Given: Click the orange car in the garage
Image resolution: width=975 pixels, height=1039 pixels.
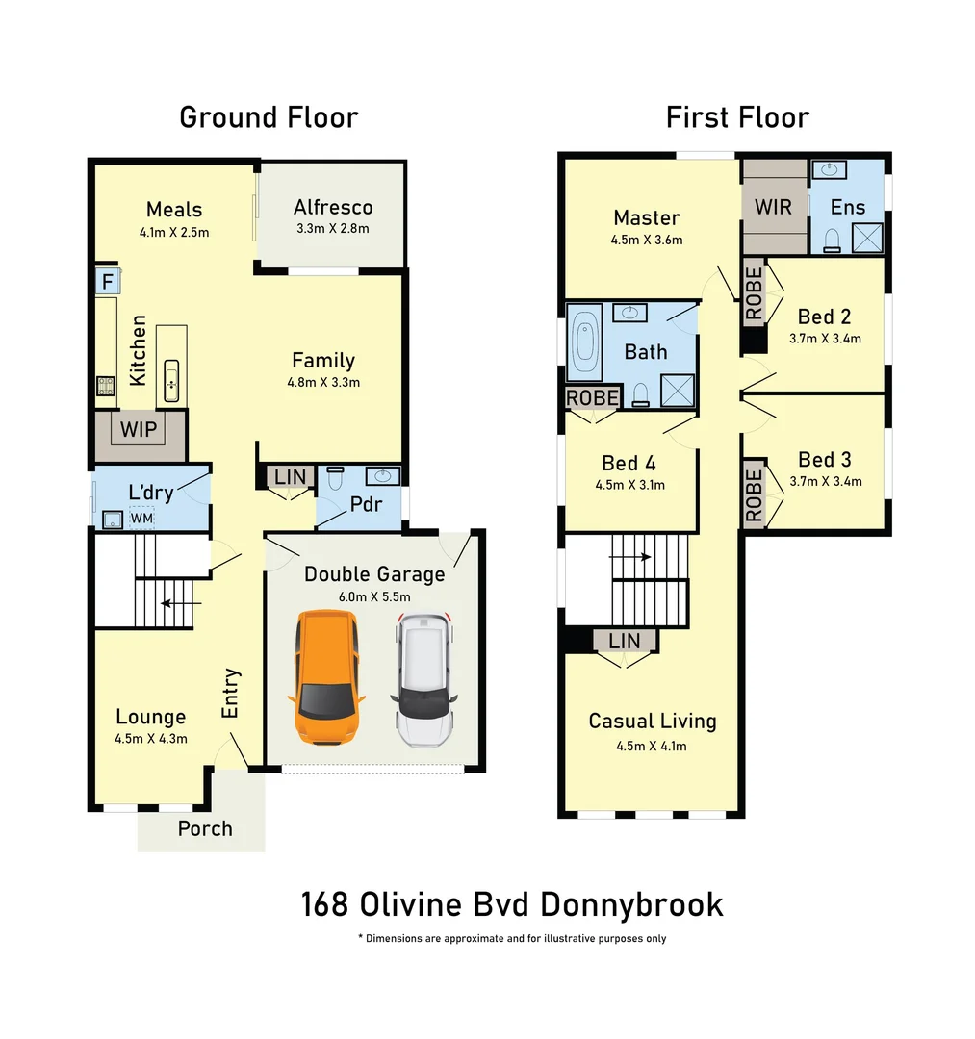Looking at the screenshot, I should (x=326, y=677).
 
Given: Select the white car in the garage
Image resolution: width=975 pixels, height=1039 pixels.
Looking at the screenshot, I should (x=423, y=680).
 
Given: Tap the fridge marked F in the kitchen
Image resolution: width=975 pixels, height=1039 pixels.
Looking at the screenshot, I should (x=107, y=282).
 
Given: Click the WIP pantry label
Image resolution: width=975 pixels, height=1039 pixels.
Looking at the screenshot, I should (x=139, y=428).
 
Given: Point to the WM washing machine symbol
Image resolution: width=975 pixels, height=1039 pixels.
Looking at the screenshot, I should (x=141, y=519).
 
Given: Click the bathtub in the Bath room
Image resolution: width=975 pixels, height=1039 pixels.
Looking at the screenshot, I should (x=584, y=343).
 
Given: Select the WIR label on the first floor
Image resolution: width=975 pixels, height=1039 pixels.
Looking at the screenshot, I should (x=772, y=208).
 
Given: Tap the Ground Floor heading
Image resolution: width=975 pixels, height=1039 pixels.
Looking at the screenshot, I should (x=269, y=117).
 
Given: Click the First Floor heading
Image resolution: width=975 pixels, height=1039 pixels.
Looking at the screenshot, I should (x=737, y=117).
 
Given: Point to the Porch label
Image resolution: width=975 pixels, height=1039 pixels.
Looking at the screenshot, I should (x=205, y=828).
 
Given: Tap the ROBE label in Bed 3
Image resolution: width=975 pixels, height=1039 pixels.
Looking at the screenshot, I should (x=754, y=494).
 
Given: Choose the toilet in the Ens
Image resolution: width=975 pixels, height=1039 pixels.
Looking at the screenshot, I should (x=834, y=240).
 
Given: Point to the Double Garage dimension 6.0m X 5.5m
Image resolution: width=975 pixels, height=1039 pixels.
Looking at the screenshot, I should (x=374, y=596).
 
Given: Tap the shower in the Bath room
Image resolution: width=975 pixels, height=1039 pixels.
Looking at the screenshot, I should (x=677, y=389).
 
